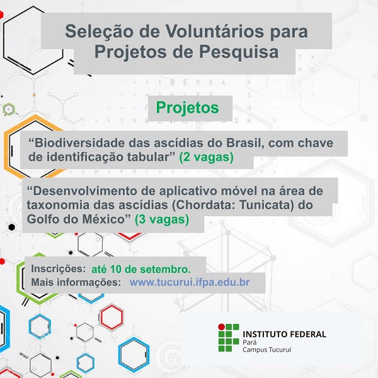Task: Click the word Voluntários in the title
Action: click(214, 31)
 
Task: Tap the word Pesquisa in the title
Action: click(239, 52)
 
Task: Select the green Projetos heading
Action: click(187, 108)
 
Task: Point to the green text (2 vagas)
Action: click(207, 157)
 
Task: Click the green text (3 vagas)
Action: click(162, 220)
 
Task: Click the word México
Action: click(103, 219)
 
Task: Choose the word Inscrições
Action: click(59, 269)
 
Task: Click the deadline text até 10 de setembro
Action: click(141, 269)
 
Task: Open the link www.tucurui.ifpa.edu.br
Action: click(190, 282)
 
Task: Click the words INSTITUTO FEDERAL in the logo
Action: click(285, 335)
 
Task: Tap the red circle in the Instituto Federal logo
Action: click(221, 326)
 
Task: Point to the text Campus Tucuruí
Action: click(267, 350)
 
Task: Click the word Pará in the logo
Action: click(249, 342)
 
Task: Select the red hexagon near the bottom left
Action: click(112, 317)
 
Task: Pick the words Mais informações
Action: click(76, 282)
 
